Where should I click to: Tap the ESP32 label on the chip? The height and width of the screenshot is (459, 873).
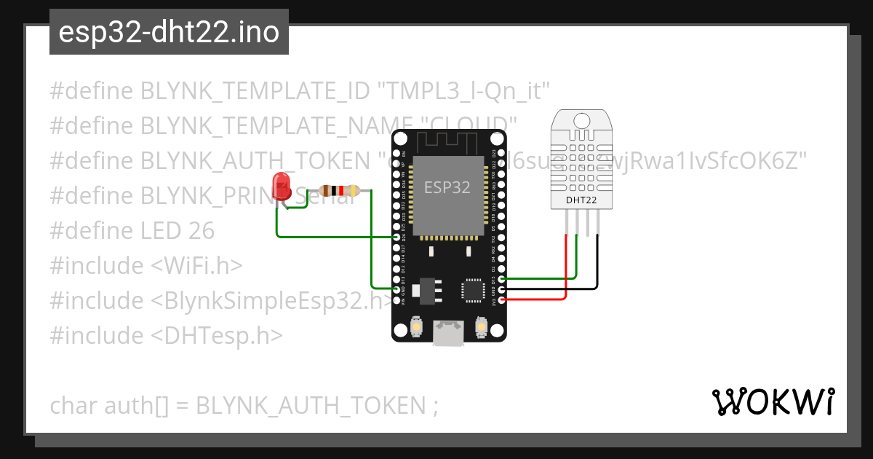click(447, 187)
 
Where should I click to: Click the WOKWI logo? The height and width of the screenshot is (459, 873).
click(773, 401)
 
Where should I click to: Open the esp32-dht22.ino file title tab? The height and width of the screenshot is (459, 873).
click(169, 33)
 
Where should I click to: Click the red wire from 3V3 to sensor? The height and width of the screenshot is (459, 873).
click(566, 270)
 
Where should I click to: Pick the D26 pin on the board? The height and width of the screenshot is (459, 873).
click(396, 238)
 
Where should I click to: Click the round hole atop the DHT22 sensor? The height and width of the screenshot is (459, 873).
click(581, 119)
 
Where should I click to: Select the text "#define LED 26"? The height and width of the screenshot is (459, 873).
click(132, 230)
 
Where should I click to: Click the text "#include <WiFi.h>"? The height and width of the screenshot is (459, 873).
click(145, 265)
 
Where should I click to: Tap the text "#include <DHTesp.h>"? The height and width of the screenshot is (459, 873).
click(167, 335)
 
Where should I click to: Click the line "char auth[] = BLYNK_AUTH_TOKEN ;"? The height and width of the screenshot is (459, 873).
click(244, 405)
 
